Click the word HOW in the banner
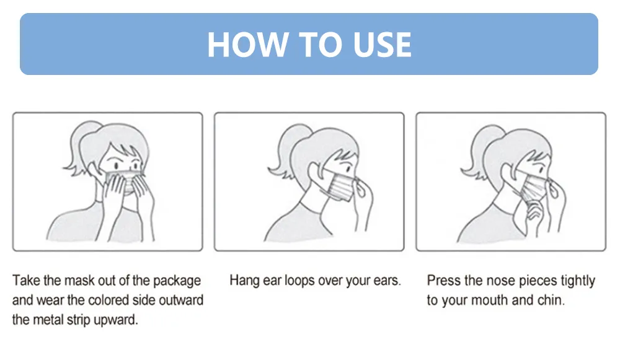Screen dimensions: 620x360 [x=247, y=44]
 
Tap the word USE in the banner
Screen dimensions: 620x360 [x=382, y=44]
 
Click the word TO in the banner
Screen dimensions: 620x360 [x=321, y=44]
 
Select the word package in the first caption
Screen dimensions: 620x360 [x=177, y=281]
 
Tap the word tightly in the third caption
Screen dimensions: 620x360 [x=577, y=281]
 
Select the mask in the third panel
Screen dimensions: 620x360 [x=532, y=188]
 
